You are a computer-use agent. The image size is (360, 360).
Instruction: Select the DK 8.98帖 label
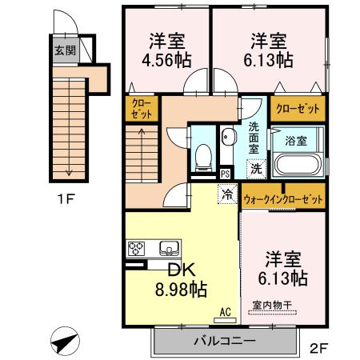(x=182, y=279)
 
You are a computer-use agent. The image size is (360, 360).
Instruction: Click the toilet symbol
(x=203, y=152)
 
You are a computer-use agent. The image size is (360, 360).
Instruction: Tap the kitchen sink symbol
(x=170, y=247)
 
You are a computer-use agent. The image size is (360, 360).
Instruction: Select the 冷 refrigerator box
(x=227, y=193)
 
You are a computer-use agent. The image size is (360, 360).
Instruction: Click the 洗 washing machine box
(x=255, y=168)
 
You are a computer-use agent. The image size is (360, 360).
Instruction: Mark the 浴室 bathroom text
(x=296, y=141)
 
